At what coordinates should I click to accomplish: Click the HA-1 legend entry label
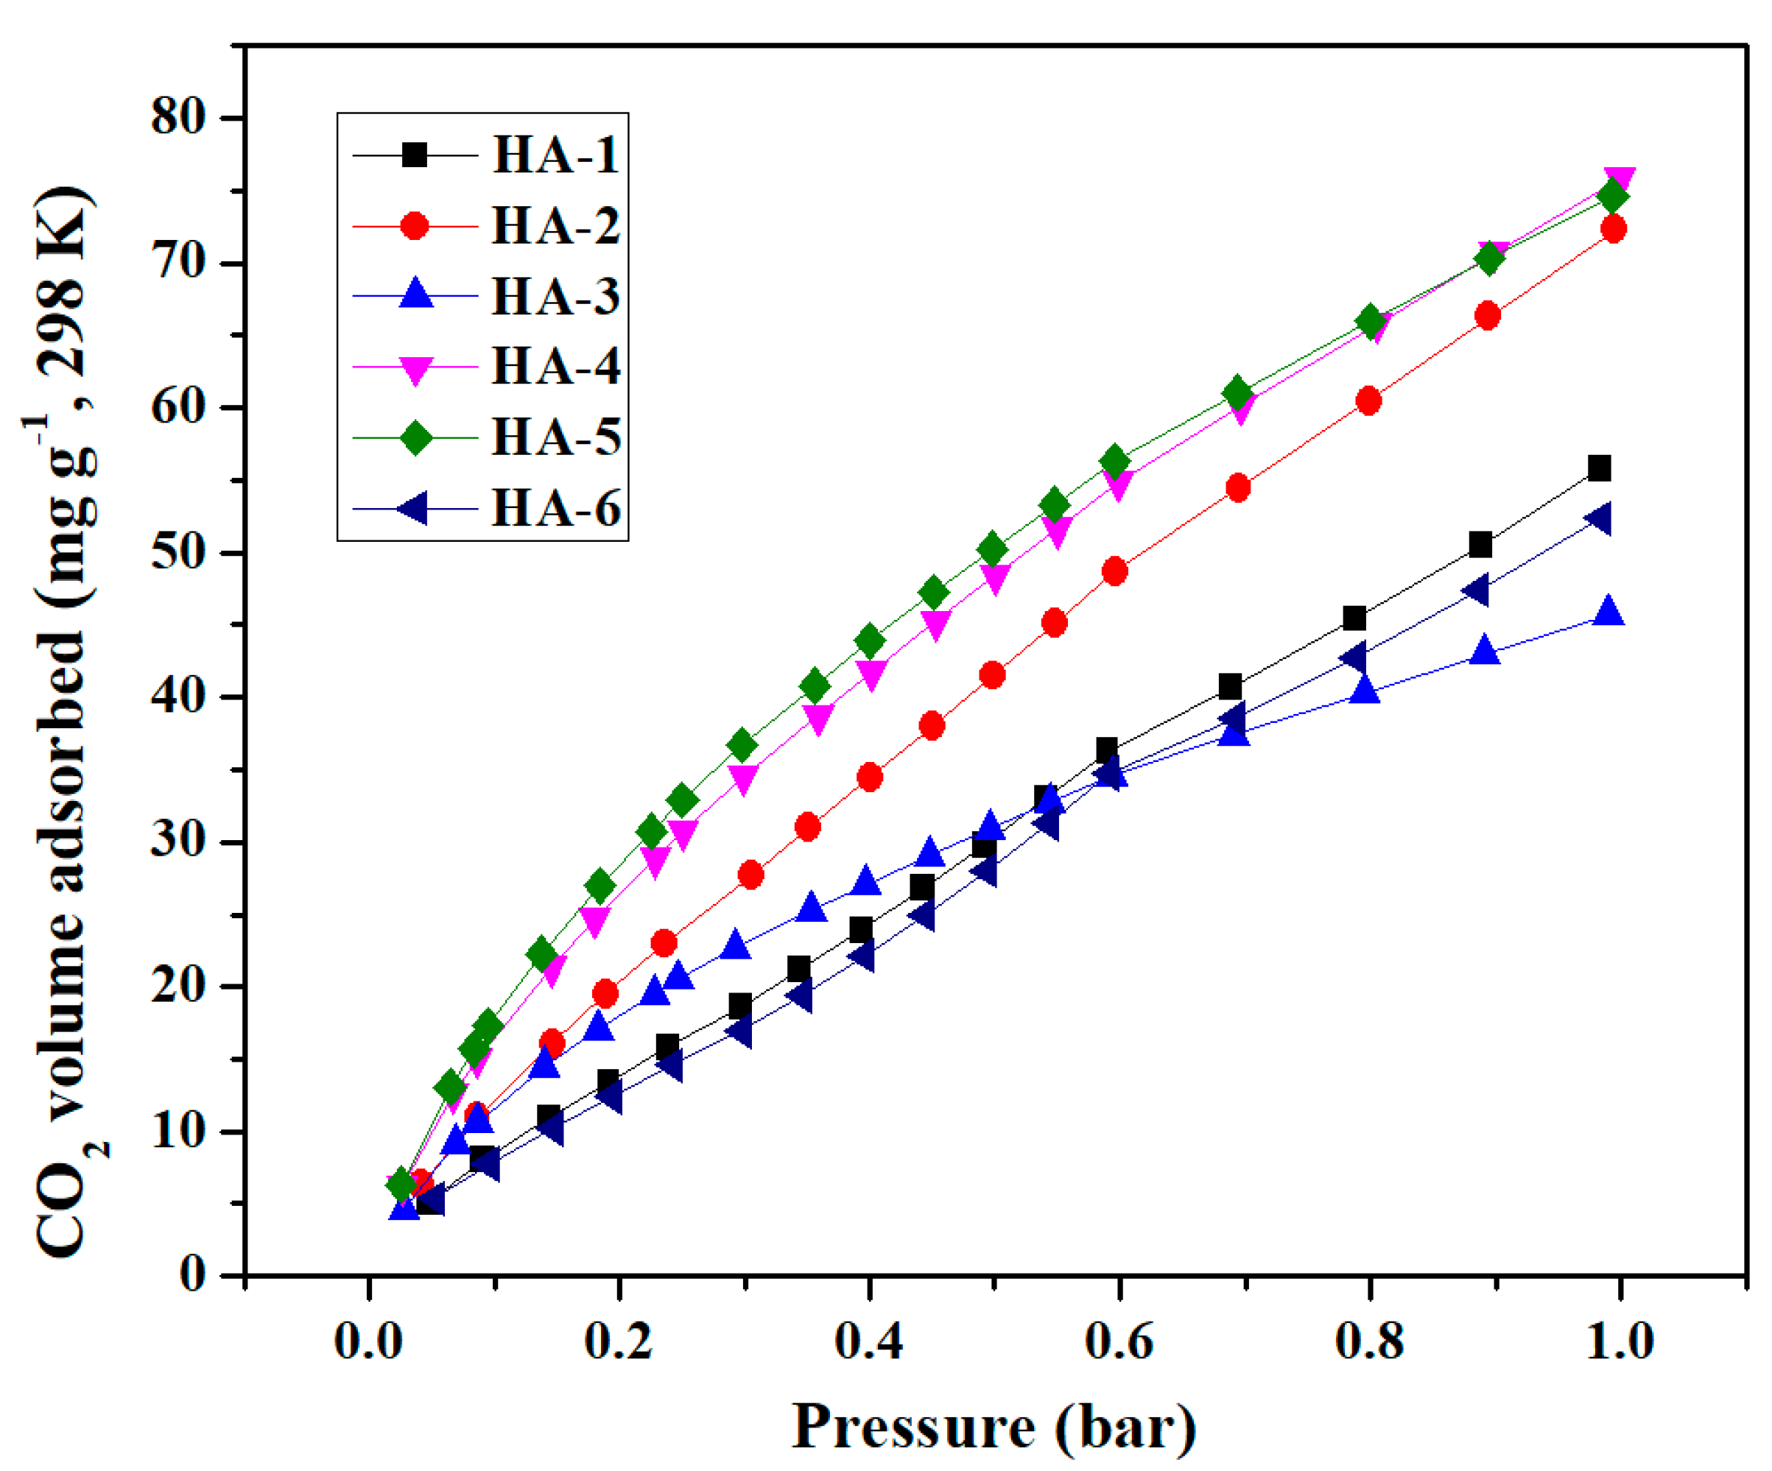[x=555, y=155]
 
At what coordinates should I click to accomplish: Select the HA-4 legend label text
[x=555, y=366]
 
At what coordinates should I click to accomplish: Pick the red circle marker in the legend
[x=415, y=225]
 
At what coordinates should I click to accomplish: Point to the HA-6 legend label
[x=555, y=509]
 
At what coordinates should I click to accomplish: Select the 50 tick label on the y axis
[x=179, y=552]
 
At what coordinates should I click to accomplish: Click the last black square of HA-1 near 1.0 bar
[x=1599, y=468]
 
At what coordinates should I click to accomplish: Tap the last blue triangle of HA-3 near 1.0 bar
[x=1608, y=610]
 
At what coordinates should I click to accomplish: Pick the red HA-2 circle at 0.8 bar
[x=1368, y=401]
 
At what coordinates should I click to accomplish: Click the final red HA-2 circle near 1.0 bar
[x=1612, y=228]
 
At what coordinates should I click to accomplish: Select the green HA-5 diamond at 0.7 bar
[x=1238, y=392]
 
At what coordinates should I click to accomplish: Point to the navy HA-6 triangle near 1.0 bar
[x=1597, y=519]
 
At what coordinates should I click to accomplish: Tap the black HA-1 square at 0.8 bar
[x=1354, y=618]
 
